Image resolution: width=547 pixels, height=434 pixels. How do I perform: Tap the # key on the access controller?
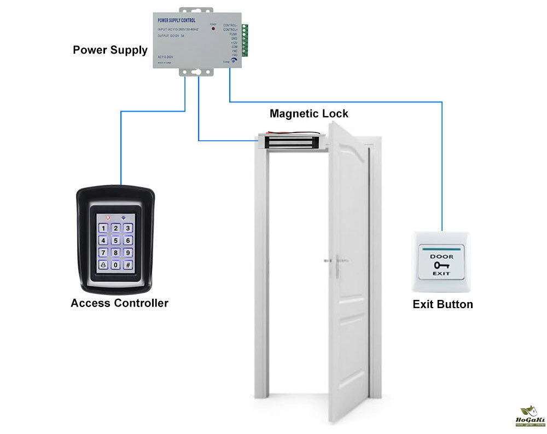click(127, 265)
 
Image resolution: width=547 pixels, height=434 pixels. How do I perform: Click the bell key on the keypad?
click(102, 265)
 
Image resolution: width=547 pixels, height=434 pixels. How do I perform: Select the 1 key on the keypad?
click(102, 227)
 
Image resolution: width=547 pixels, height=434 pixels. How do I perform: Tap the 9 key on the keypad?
click(127, 252)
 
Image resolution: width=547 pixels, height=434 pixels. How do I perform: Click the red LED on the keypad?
click(108, 217)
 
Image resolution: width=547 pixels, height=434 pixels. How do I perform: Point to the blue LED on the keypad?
click(123, 217)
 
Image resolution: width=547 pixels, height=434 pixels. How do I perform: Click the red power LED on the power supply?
click(213, 28)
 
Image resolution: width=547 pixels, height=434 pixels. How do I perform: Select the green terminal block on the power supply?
click(245, 41)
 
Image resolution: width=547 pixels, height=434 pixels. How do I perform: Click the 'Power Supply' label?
click(110, 50)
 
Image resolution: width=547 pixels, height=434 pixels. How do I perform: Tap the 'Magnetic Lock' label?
click(309, 114)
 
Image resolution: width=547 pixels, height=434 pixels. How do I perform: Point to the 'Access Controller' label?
click(119, 303)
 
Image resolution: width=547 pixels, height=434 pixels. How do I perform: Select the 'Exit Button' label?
click(443, 304)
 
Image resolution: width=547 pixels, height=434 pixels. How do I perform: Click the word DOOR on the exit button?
click(441, 256)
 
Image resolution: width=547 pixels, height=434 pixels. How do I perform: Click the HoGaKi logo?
click(527, 417)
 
